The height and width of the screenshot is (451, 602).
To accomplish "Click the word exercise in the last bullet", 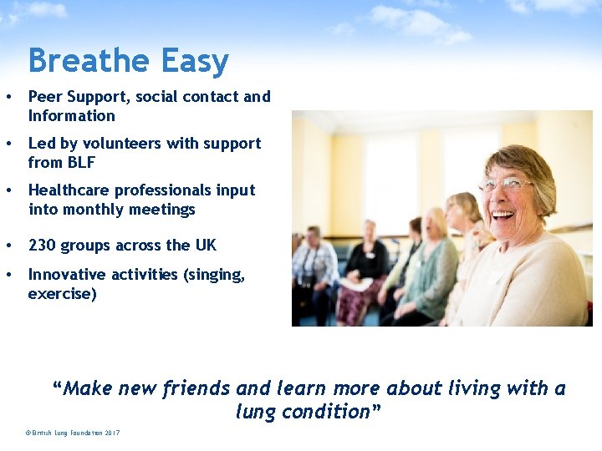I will point(61,294).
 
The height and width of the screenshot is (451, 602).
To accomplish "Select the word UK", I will point(205,245).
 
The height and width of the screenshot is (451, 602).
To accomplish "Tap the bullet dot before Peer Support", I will point(8,97).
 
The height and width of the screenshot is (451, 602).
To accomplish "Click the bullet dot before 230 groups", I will point(8,246).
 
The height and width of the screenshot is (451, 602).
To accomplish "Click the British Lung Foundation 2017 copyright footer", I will point(73,433).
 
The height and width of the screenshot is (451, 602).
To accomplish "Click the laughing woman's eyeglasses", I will point(507,184).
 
